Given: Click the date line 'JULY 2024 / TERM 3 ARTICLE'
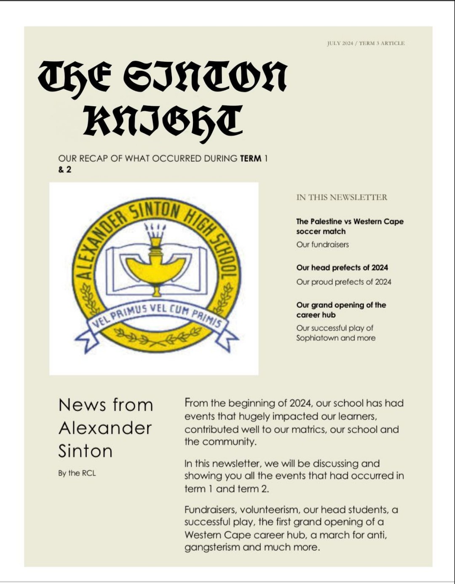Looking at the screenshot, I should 366,43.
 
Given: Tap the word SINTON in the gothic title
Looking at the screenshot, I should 205,77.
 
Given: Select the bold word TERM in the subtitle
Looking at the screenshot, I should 250,159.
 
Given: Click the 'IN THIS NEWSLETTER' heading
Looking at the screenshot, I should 342,197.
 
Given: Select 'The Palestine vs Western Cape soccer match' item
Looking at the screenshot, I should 349,226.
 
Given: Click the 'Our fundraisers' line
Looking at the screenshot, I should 322,245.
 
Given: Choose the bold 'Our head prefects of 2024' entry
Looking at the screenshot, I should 342,268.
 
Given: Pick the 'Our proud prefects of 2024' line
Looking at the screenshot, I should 343,282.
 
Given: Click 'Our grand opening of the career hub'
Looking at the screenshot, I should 341,310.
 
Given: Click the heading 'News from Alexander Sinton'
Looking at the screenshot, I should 105,428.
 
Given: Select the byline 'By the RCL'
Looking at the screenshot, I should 77,473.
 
